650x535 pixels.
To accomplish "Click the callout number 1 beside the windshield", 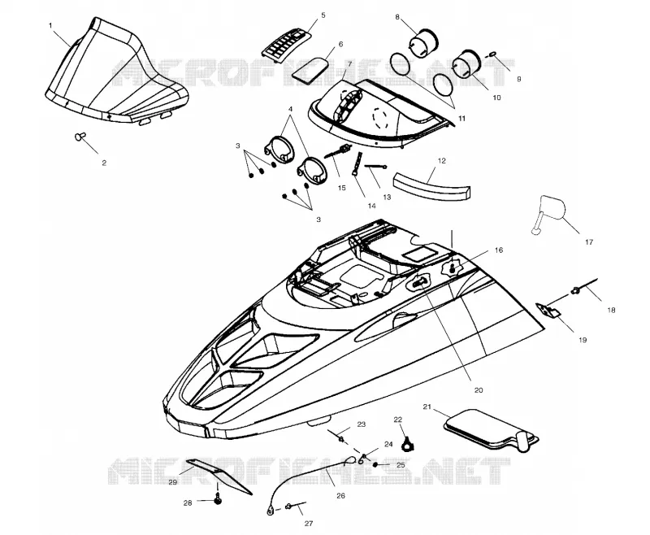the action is tap(50, 26).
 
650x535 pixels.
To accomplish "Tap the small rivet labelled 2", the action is tap(80, 136).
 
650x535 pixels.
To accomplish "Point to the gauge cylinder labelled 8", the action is tap(423, 43).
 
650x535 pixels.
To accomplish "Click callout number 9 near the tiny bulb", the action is tap(518, 79).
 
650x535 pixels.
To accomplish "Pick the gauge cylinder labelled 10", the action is tap(466, 63).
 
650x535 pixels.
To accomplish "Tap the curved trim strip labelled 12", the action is tap(432, 187).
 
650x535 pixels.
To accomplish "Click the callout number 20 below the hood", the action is tap(479, 390).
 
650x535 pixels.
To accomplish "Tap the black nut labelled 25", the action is tap(375, 464).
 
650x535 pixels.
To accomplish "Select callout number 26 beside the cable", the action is tap(340, 496).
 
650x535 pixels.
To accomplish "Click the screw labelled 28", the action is tap(217, 500).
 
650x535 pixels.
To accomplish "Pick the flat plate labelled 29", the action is tap(219, 476).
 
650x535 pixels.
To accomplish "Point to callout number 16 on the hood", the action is tap(499, 250).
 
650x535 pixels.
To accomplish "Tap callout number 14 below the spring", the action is tap(371, 206).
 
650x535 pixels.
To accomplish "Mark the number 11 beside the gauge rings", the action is tap(461, 118).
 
